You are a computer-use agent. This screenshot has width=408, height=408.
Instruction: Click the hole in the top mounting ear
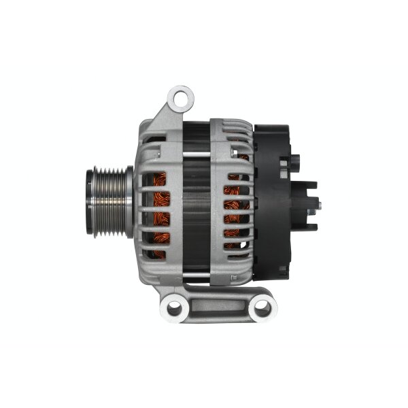point(180,99)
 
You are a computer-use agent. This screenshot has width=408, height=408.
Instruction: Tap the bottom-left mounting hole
point(174,307)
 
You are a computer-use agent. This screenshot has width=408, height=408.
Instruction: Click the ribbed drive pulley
point(109,201)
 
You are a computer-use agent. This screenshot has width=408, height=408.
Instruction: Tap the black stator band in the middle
point(196,204)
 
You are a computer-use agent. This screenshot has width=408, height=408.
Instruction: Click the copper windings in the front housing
point(160,218)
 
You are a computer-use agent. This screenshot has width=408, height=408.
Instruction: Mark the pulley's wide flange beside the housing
point(129,201)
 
